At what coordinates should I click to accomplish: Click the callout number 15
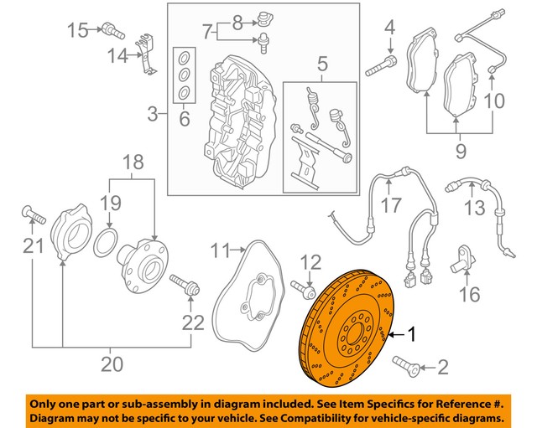(78, 32)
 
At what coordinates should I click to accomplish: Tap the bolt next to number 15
(112, 34)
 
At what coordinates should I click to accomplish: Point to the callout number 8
(237, 19)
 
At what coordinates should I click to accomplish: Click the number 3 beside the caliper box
(152, 113)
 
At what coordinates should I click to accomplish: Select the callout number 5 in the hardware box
(320, 62)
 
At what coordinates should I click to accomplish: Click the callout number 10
(493, 101)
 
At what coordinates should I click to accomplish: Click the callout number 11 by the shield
(220, 250)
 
